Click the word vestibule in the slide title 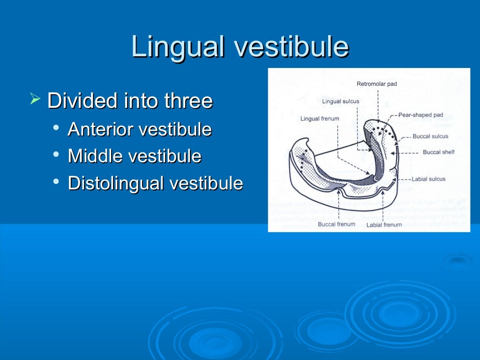291,47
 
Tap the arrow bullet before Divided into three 35,99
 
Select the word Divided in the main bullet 82,101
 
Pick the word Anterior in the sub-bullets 101,129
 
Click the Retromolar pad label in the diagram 376,84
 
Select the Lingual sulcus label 340,101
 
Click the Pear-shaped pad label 420,115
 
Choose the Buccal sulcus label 430,136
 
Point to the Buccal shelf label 438,152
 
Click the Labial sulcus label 428,179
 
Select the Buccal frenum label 337,225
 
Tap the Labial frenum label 384,225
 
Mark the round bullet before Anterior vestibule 56,128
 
